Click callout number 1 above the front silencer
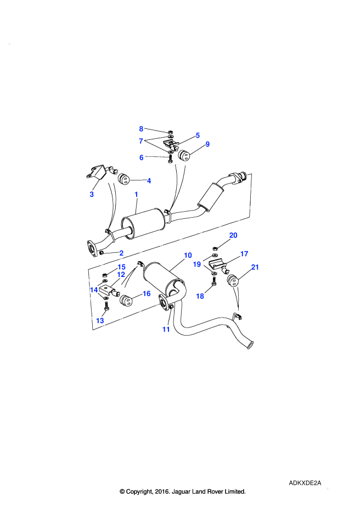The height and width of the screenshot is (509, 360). [136, 195]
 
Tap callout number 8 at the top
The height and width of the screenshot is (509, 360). [141, 129]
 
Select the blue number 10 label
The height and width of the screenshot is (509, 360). [188, 256]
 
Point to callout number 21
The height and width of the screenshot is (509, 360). [255, 267]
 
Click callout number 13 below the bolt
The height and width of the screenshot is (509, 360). [100, 321]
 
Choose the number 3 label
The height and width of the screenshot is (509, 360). [92, 194]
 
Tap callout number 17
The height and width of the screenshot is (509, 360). [244, 254]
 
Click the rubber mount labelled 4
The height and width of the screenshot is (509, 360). [123, 179]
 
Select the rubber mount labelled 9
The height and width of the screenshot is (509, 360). [184, 155]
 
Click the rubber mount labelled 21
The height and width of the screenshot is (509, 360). [233, 280]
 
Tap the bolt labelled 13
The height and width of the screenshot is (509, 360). [106, 306]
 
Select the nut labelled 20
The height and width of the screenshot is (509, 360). [216, 248]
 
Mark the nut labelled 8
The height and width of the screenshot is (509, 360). [170, 132]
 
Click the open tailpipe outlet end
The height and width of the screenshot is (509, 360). [250, 345]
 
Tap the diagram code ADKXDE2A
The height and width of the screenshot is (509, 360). [305, 483]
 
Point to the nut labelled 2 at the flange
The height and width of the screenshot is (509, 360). [102, 252]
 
